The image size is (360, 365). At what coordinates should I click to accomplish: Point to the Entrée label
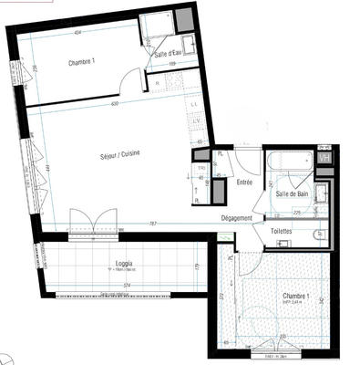[244, 182]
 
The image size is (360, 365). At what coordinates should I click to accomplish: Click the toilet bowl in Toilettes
[319, 235]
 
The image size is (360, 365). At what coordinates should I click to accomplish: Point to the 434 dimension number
[78, 33]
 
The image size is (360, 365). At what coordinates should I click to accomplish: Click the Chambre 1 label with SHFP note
[293, 297]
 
